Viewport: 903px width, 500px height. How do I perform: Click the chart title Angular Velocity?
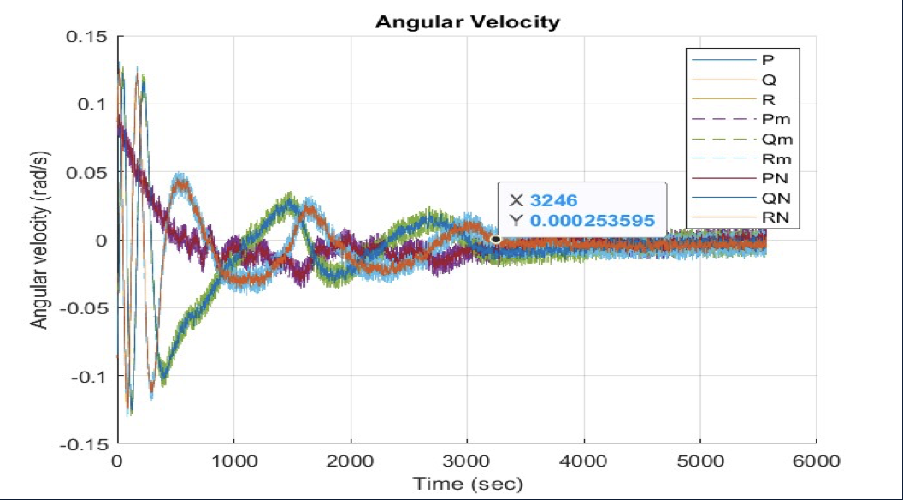click(467, 22)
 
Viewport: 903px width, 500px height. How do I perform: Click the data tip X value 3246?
click(553, 200)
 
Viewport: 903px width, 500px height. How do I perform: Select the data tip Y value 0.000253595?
click(592, 220)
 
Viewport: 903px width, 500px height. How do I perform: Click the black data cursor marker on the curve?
click(496, 239)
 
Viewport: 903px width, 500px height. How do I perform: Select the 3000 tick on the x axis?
click(467, 460)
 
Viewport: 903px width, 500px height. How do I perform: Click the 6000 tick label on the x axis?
click(816, 460)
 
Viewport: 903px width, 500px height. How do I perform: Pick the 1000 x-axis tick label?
click(233, 460)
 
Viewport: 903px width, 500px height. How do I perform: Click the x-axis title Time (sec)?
click(467, 483)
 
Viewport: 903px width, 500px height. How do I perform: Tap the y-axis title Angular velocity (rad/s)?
click(39, 241)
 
